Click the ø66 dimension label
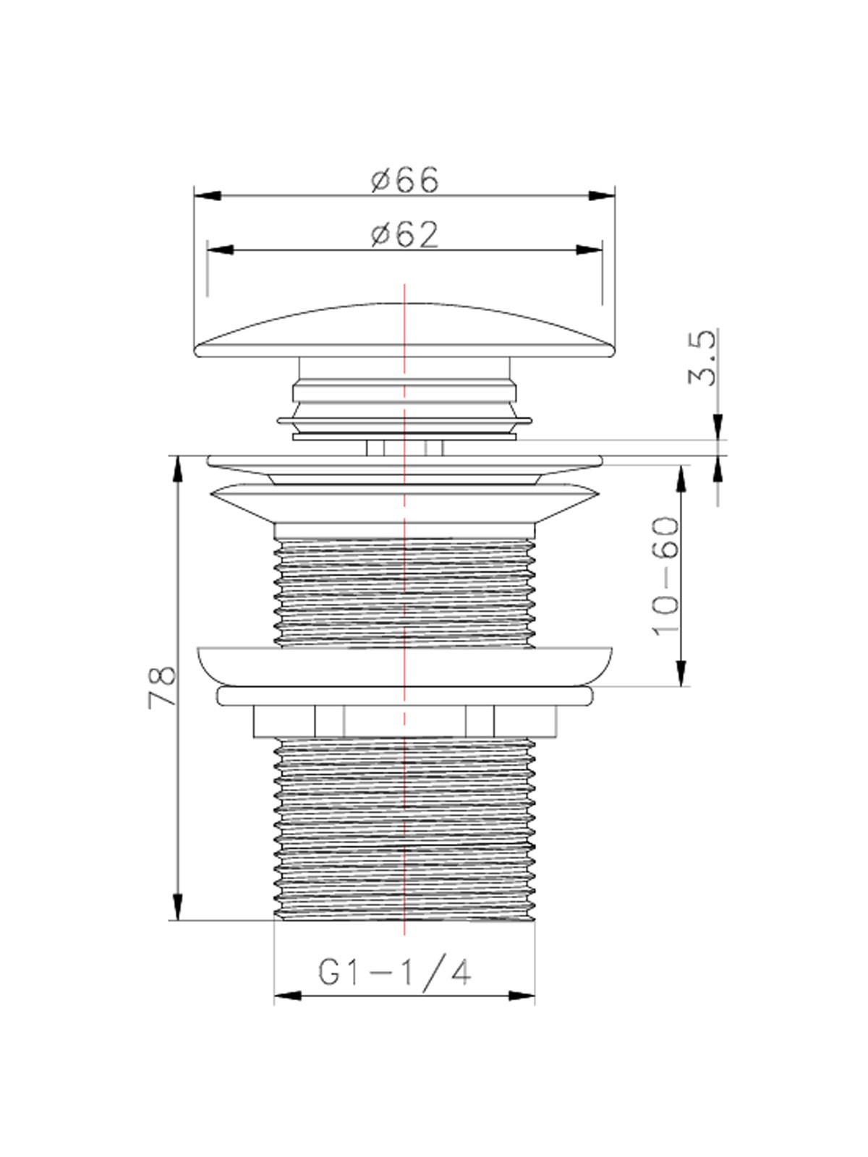tap(405, 180)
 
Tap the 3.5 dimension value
tap(704, 359)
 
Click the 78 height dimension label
tap(162, 687)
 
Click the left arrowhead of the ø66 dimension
tap(208, 195)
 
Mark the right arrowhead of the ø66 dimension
tap(603, 195)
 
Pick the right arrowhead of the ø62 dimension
tap(590, 250)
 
